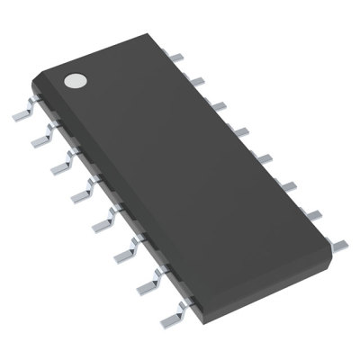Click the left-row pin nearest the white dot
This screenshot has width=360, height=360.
[x=23, y=115]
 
